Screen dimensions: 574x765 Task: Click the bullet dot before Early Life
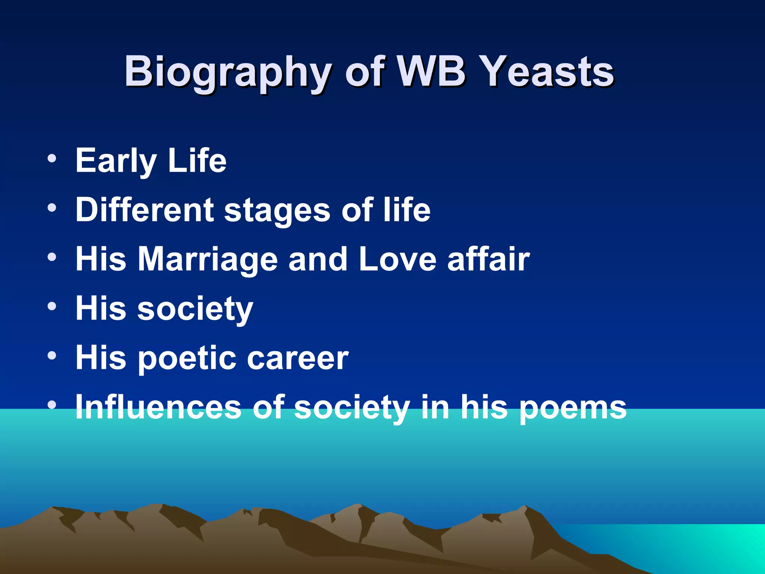[x=52, y=158]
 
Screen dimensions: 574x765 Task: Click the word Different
[x=144, y=210]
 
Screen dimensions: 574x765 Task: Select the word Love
[x=397, y=259]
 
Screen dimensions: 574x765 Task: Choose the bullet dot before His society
[x=52, y=306]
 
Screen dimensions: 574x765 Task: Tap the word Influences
[x=158, y=407]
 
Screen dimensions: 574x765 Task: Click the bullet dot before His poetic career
[x=52, y=356]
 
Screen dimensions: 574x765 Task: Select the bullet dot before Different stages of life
[x=52, y=207]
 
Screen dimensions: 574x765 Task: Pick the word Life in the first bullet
[x=197, y=160]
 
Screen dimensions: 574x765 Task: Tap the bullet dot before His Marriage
[x=52, y=257]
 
